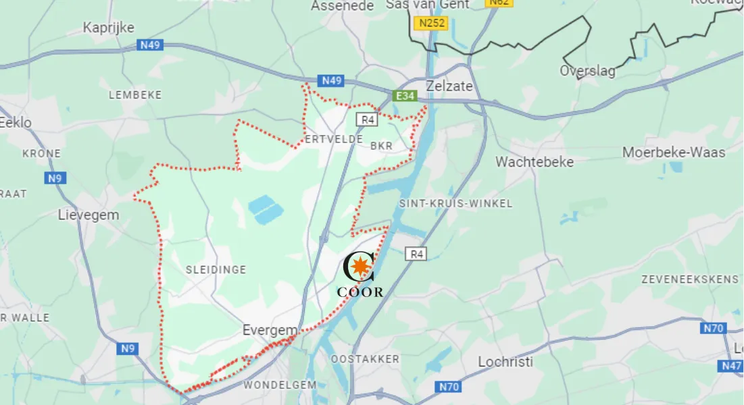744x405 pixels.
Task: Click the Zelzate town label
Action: click(449, 86)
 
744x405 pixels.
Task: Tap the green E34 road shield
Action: click(405, 96)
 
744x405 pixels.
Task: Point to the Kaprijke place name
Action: click(108, 28)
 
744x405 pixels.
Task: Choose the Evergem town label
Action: click(270, 331)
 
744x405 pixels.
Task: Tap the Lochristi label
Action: click(505, 362)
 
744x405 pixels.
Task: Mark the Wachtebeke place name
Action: click(534, 162)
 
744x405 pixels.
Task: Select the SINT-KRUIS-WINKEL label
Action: click(455, 203)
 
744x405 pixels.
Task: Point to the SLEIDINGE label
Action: click(216, 270)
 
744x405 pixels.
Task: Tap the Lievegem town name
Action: click(89, 215)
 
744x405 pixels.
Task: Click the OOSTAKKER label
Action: click(365, 359)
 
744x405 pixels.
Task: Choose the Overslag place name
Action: click(587, 71)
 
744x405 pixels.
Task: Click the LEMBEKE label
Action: click(135, 95)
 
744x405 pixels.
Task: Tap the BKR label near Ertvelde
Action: click(380, 145)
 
